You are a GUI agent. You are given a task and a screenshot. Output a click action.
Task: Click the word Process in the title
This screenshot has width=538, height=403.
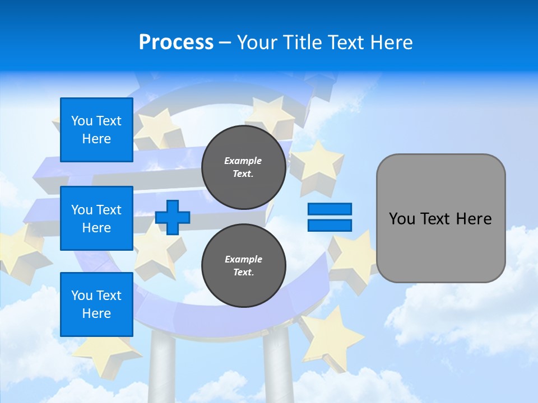click(176, 43)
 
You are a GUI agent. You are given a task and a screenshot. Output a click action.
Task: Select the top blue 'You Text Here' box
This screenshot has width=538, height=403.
click(96, 130)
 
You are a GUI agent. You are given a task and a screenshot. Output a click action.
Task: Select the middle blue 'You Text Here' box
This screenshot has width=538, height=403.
click(96, 218)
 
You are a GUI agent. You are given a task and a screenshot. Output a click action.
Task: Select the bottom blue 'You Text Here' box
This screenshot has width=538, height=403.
click(96, 304)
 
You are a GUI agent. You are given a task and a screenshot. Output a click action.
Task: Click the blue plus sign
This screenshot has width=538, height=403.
click(173, 217)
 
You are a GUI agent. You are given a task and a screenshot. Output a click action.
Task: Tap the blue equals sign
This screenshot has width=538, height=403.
click(330, 217)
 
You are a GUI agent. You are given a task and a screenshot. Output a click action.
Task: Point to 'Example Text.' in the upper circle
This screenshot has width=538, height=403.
click(243, 167)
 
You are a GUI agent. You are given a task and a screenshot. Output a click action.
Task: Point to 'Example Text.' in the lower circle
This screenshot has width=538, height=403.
click(243, 266)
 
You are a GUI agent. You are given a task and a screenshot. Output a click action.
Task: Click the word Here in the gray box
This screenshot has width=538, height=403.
click(474, 219)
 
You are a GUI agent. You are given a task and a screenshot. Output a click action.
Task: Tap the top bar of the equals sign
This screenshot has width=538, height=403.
click(330, 209)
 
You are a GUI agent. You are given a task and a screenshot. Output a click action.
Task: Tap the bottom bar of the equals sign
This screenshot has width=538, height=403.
click(330, 226)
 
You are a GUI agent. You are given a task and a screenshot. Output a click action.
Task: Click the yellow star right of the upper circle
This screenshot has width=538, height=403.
click(317, 162)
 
